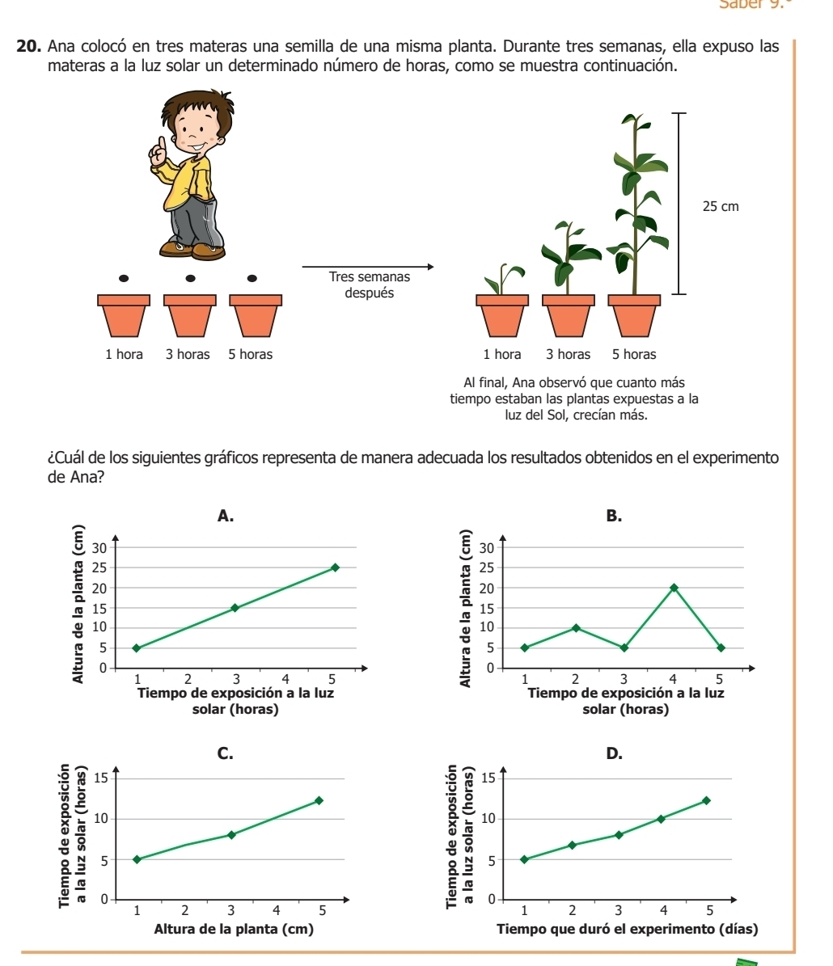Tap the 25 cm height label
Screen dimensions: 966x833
[x=720, y=207]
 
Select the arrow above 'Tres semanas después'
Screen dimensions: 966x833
[x=368, y=266]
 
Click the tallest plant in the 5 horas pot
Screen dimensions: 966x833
[x=639, y=202]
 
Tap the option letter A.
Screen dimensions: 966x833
[x=226, y=516]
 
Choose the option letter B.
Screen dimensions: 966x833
[x=614, y=516]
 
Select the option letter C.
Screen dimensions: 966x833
[x=226, y=753]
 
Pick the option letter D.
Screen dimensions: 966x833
[x=614, y=753]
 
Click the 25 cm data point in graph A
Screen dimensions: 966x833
[x=335, y=567]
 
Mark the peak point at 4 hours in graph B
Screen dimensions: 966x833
[x=674, y=588]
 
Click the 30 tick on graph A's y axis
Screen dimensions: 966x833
[x=99, y=547]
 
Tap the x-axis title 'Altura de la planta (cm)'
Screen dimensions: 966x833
[x=233, y=929]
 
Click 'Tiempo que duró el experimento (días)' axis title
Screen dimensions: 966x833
[x=628, y=929]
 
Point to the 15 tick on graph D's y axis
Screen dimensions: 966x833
[x=488, y=778]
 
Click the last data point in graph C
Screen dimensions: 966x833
[x=319, y=800]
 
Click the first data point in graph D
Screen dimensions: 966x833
[x=524, y=859]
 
